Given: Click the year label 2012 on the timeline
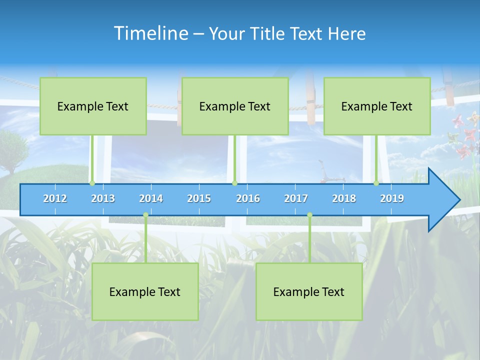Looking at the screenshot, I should [x=55, y=198].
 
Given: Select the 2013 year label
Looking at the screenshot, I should [x=103, y=198].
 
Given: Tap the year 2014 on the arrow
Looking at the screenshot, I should [x=151, y=198].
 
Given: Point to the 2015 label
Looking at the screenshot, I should [x=199, y=198].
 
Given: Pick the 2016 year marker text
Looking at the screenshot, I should [x=248, y=198].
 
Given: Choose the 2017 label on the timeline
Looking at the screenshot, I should [x=296, y=198].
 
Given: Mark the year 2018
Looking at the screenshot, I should [x=344, y=198].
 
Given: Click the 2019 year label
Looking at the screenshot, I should [x=392, y=198].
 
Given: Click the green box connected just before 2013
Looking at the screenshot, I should [x=93, y=106].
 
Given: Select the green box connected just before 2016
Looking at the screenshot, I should [x=235, y=106].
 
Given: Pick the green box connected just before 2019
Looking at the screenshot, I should [x=377, y=106].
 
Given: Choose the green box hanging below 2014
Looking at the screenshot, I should [x=145, y=291].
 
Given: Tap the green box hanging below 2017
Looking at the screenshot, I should [x=309, y=291].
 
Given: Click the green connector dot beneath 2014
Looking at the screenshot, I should [x=145, y=215].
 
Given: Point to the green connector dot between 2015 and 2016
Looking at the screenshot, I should [x=234, y=183].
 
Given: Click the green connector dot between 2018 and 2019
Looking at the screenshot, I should [x=376, y=183].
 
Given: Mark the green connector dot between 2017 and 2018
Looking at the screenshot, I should [x=309, y=215].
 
